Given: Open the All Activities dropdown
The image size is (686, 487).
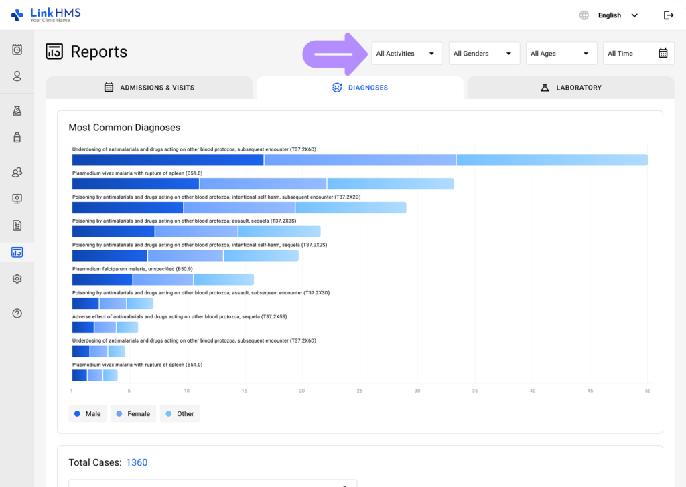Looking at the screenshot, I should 407,54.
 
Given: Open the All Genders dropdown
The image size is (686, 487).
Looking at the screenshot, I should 484,54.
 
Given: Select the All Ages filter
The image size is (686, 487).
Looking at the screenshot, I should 561,54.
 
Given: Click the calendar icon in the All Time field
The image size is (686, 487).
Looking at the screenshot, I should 663,54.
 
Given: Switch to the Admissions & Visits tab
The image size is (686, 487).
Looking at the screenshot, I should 149,88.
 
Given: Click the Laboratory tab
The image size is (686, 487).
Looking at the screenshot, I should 571,88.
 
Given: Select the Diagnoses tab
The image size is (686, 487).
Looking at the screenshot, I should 360,88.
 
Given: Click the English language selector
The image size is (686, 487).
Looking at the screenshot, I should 610,15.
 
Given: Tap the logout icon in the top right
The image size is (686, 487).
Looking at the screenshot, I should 668,15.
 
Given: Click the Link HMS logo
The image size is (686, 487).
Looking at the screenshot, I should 46,14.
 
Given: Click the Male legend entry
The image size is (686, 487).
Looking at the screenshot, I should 87,414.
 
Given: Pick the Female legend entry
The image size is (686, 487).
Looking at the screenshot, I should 133,414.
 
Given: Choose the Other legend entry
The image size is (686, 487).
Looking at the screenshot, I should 180,414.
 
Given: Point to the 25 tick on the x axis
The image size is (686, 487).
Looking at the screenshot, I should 360,391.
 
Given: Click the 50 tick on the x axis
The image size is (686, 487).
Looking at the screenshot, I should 647,391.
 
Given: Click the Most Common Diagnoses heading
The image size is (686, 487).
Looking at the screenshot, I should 124,128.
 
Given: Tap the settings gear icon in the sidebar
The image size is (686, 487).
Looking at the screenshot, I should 17,279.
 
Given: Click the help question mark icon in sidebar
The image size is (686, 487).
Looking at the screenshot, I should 17,314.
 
